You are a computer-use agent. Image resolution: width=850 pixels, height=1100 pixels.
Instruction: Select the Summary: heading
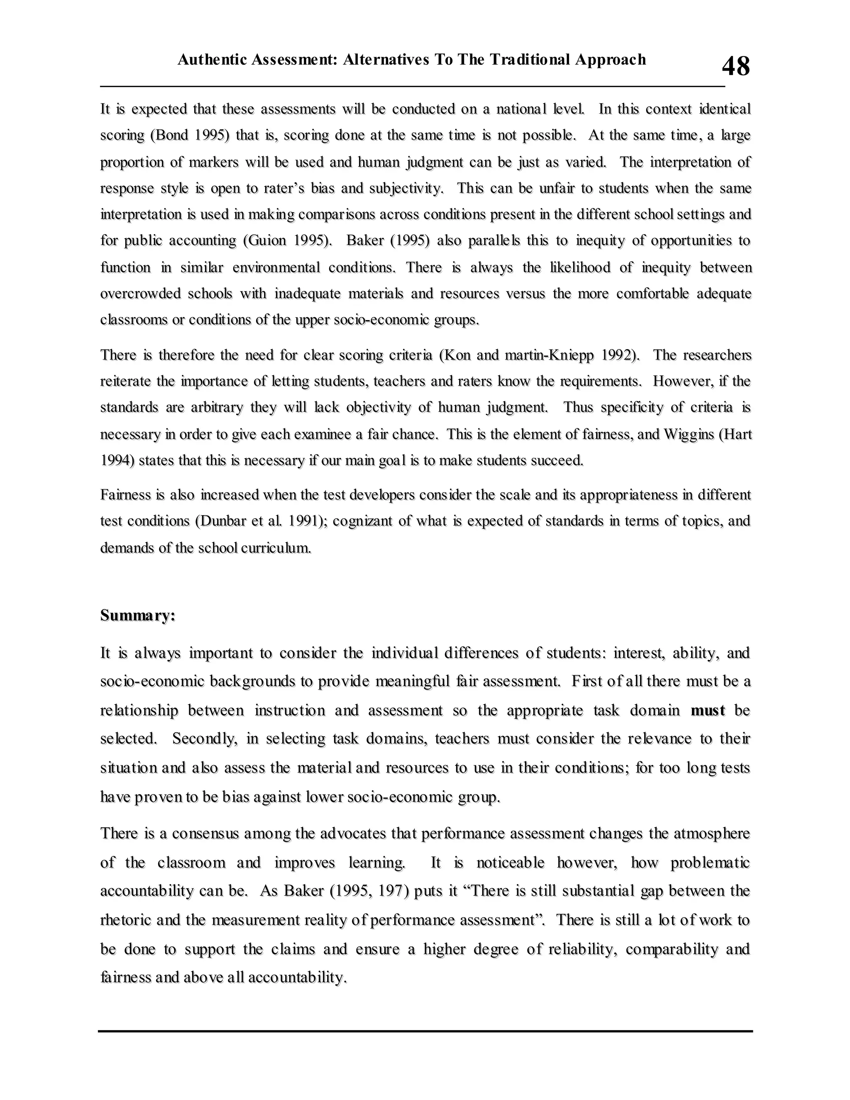[x=137, y=616]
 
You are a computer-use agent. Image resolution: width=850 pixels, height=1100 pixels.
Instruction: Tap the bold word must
[x=708, y=711]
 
